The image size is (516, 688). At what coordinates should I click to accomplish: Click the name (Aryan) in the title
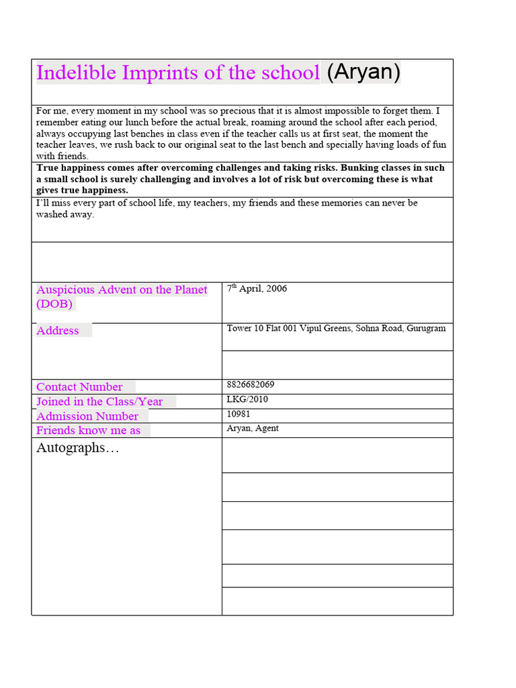click(363, 72)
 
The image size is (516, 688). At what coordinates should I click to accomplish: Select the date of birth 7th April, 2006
click(257, 289)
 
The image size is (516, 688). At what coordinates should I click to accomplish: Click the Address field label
click(58, 331)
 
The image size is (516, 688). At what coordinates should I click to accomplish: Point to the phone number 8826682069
click(251, 385)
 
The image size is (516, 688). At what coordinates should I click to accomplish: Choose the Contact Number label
click(79, 387)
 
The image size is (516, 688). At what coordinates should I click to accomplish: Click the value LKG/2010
click(247, 400)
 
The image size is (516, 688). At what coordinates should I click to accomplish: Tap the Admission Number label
click(87, 417)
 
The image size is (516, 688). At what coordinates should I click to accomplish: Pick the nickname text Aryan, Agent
click(253, 429)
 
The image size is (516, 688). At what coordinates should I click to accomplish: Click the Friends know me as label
click(89, 431)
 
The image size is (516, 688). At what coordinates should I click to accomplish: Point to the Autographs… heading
click(78, 448)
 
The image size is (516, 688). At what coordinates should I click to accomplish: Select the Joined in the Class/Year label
click(99, 402)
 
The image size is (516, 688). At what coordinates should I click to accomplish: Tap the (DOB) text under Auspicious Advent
click(54, 304)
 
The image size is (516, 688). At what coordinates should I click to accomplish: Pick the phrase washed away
click(65, 215)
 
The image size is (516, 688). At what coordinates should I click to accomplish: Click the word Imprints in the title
click(160, 73)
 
